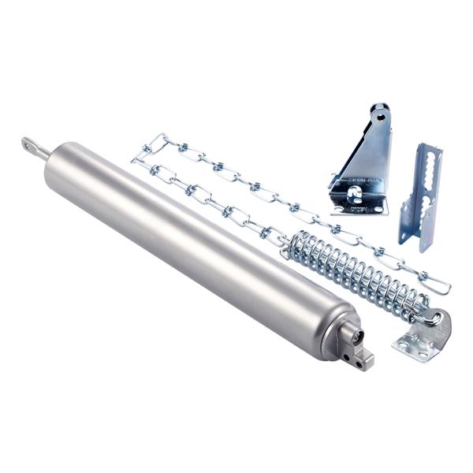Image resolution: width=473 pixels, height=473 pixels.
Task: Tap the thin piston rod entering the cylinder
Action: coord(43,152)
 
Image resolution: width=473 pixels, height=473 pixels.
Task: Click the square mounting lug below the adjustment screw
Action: coord(363,360)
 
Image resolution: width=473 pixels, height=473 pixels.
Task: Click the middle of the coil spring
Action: coord(355,271)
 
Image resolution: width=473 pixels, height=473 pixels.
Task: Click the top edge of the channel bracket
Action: coord(430,147)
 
